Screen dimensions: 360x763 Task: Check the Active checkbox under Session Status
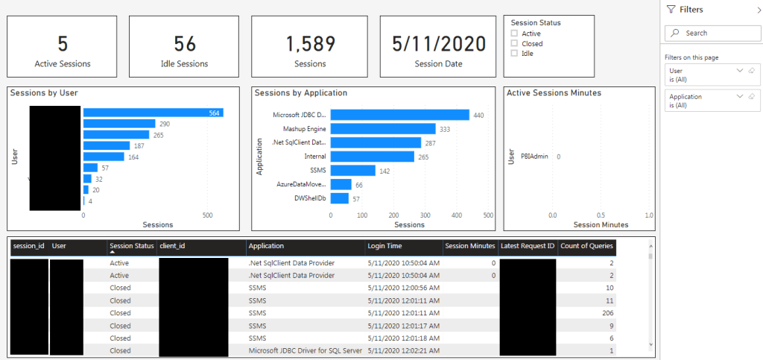pyautogui.click(x=514, y=34)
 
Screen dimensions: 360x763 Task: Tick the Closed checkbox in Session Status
pyautogui.click(x=514, y=43)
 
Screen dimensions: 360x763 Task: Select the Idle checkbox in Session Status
pyautogui.click(x=514, y=54)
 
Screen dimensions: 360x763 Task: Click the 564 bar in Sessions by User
pyautogui.click(x=153, y=113)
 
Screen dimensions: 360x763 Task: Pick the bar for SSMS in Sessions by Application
pyautogui.click(x=352, y=171)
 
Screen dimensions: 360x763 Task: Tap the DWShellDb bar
pyautogui.click(x=340, y=199)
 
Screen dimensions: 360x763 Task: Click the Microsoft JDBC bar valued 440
pyautogui.click(x=399, y=115)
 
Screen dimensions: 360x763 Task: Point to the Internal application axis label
pyautogui.click(x=314, y=157)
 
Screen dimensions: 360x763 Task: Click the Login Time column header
pyautogui.click(x=385, y=246)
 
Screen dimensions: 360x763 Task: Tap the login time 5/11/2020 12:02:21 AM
pyautogui.click(x=402, y=350)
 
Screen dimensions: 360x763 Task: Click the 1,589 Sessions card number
pyautogui.click(x=310, y=44)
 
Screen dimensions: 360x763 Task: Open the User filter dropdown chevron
pyautogui.click(x=739, y=70)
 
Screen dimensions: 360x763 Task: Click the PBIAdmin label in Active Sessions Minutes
pyautogui.click(x=535, y=157)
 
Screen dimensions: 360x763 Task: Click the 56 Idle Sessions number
pyautogui.click(x=184, y=44)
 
